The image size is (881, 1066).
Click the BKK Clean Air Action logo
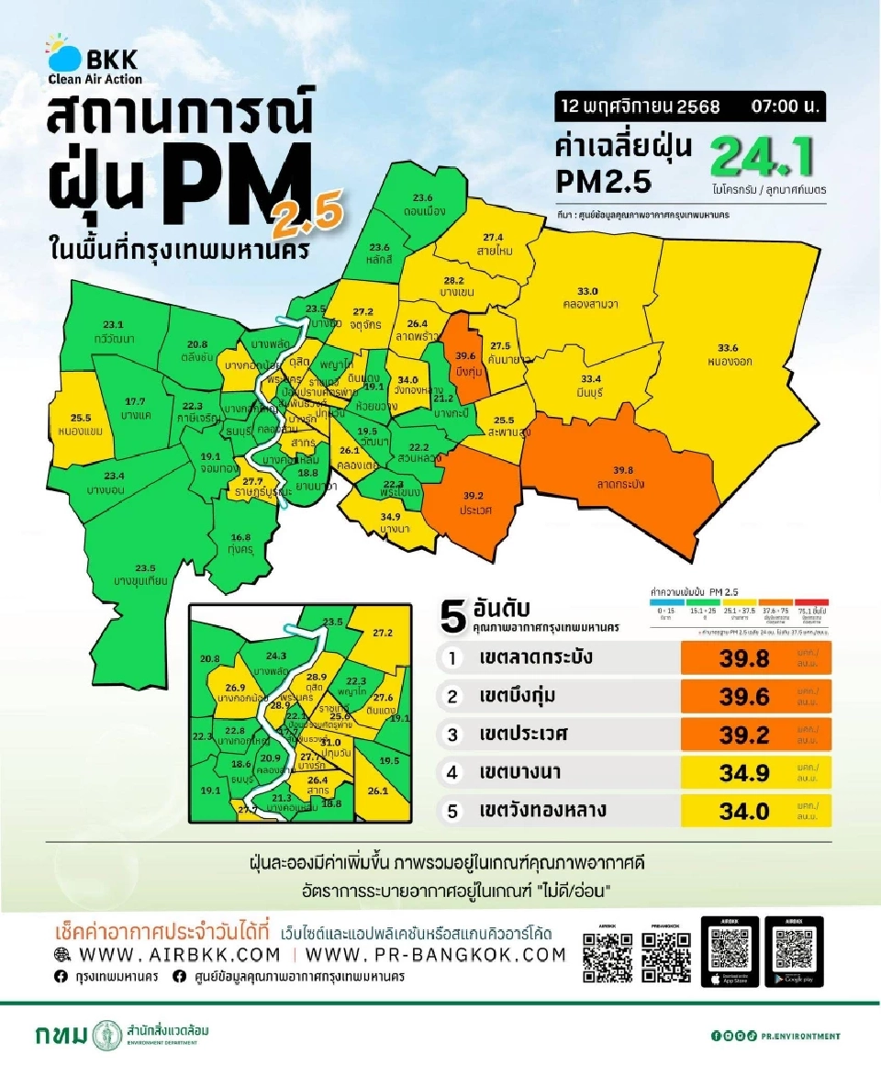(x=93, y=59)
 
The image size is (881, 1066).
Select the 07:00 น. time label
(x=785, y=107)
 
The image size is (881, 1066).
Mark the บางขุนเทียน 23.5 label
(x=139, y=575)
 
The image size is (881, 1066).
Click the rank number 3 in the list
(x=452, y=735)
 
